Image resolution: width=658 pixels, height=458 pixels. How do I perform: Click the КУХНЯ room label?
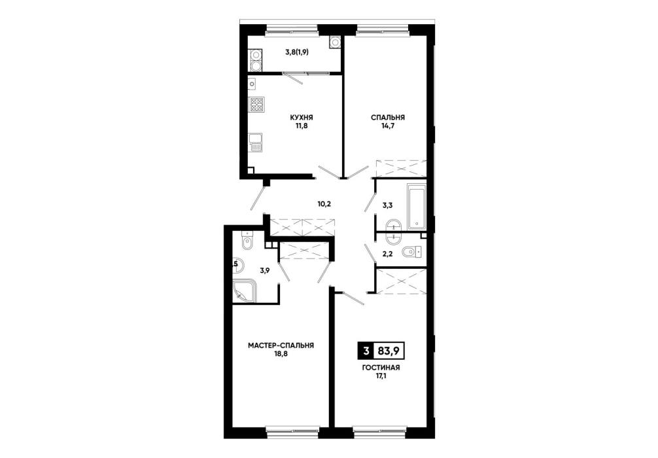(x=302, y=118)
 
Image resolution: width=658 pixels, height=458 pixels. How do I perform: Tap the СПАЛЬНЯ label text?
(x=388, y=118)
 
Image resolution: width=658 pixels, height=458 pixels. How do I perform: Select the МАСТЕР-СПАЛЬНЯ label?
(x=281, y=345)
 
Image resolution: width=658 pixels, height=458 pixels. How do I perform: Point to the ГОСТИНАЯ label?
(x=381, y=368)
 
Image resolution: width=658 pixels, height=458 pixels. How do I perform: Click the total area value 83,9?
(x=388, y=351)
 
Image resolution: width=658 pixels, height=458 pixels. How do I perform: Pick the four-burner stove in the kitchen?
(x=256, y=105)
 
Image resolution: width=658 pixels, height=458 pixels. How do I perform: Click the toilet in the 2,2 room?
(x=411, y=252)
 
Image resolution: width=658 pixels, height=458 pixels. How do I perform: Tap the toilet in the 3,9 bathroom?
(x=247, y=241)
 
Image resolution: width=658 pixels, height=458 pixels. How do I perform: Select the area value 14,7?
(x=388, y=125)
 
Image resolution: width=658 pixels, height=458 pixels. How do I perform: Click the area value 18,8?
(x=281, y=353)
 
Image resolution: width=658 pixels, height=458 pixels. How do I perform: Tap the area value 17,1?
(x=381, y=376)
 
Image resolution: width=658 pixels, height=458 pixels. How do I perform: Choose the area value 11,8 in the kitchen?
(x=302, y=125)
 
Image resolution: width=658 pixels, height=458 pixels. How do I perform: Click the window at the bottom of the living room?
(x=380, y=430)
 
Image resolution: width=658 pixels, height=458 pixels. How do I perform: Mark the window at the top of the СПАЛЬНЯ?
(x=382, y=29)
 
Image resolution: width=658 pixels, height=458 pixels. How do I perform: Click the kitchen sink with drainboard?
(x=255, y=143)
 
